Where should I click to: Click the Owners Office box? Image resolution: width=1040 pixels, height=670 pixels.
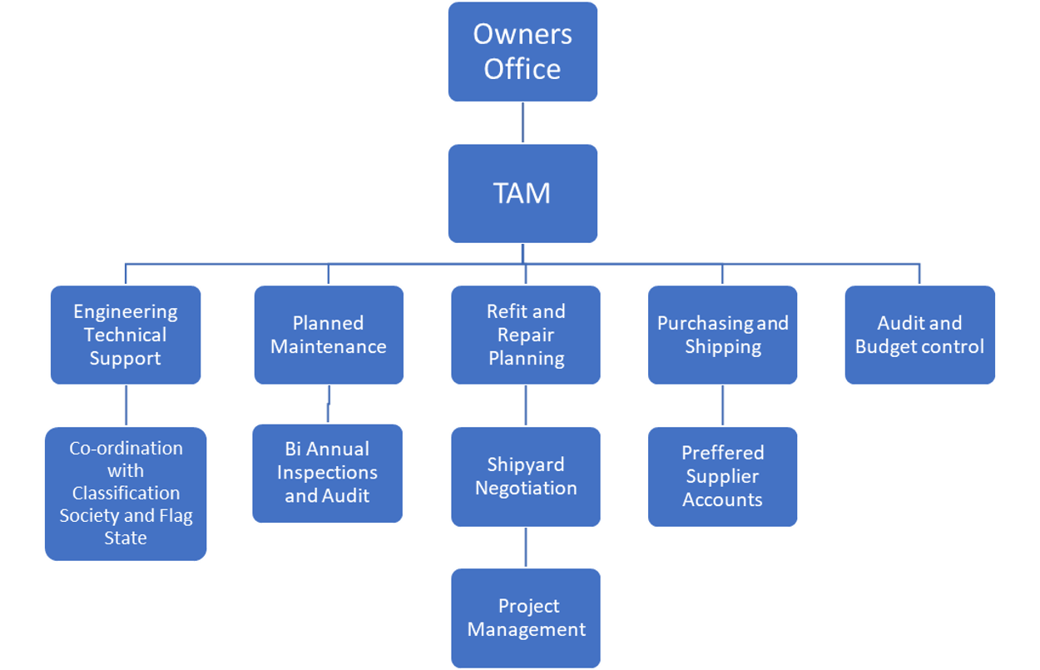[x=522, y=52]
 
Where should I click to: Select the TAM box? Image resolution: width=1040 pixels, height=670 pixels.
[x=522, y=193]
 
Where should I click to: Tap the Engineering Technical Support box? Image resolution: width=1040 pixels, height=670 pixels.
[x=126, y=335]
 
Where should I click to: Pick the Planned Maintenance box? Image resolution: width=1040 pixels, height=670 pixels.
[x=329, y=335]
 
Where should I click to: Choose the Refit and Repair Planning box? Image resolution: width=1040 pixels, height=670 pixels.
[x=526, y=335]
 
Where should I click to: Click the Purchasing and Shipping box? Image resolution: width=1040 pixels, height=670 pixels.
[x=722, y=335]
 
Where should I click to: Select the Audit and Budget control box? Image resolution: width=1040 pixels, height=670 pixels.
[x=919, y=335]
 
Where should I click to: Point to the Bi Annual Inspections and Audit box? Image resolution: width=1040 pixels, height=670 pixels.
[x=327, y=473]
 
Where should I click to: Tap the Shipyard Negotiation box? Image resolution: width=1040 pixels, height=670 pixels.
[x=526, y=476]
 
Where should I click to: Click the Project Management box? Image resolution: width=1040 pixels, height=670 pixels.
[x=526, y=618]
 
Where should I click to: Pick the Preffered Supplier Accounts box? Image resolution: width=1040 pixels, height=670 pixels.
[x=722, y=476]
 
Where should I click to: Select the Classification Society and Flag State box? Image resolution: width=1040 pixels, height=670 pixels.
[x=126, y=494]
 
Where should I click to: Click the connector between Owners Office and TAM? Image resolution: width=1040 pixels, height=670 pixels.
[x=522, y=122]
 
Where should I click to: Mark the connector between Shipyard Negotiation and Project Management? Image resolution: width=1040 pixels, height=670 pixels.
[x=526, y=548]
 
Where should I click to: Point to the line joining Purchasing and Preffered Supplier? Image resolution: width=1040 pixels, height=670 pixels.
[x=722, y=405]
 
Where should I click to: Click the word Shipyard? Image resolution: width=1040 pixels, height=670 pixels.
[x=526, y=464]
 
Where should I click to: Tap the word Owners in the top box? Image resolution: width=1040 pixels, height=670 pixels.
[x=522, y=35]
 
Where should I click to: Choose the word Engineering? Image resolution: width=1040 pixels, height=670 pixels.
[x=126, y=311]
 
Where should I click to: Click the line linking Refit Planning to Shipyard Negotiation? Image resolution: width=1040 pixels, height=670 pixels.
[x=526, y=405]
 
